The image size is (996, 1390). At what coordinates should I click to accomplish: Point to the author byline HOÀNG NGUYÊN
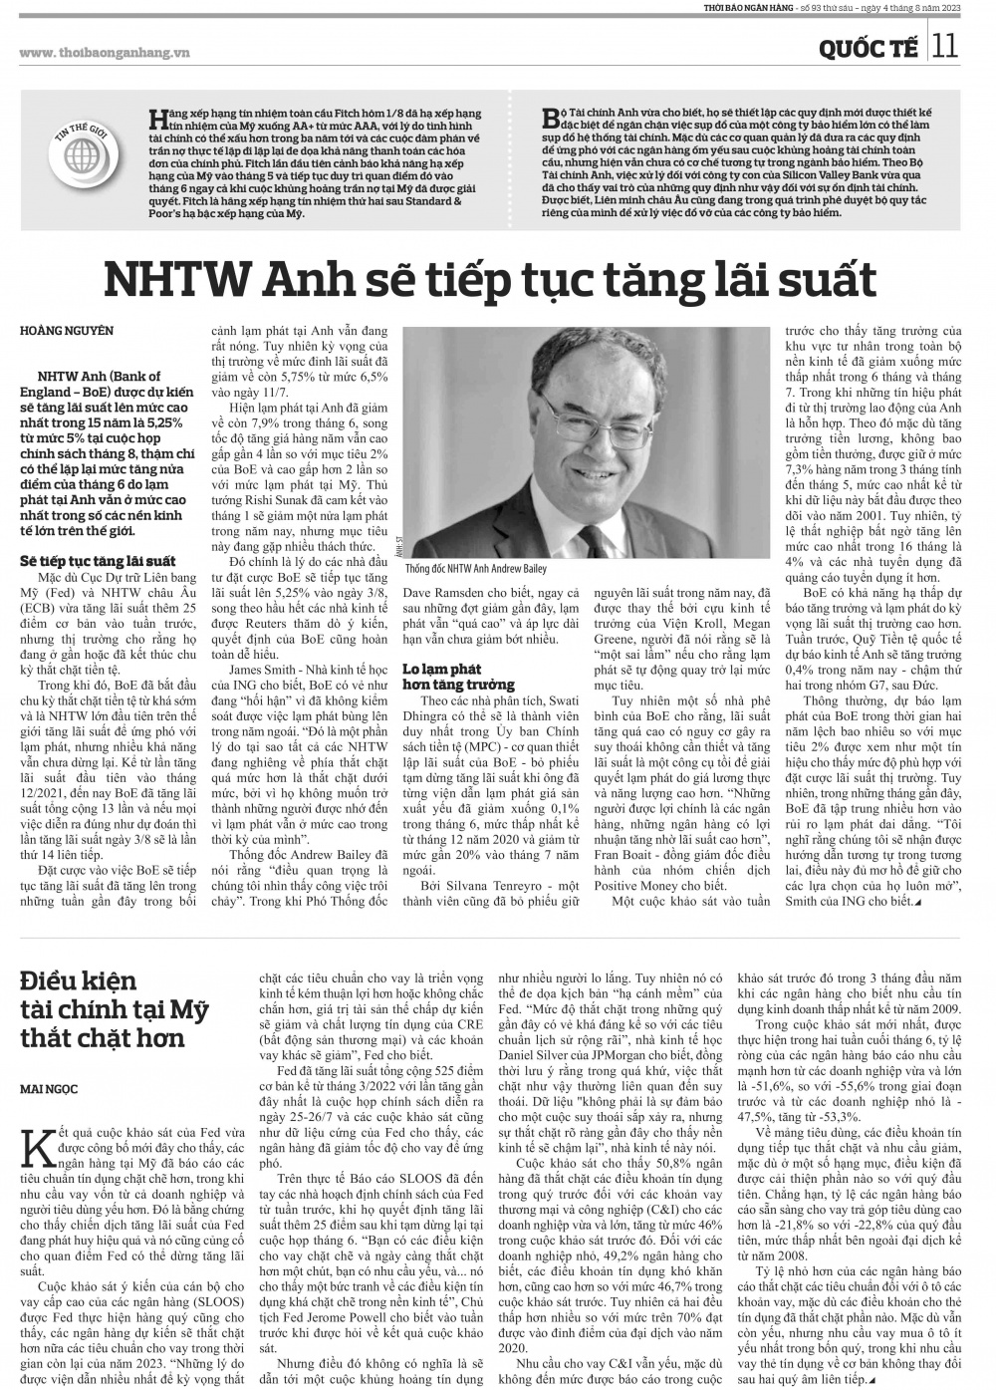tap(67, 330)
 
